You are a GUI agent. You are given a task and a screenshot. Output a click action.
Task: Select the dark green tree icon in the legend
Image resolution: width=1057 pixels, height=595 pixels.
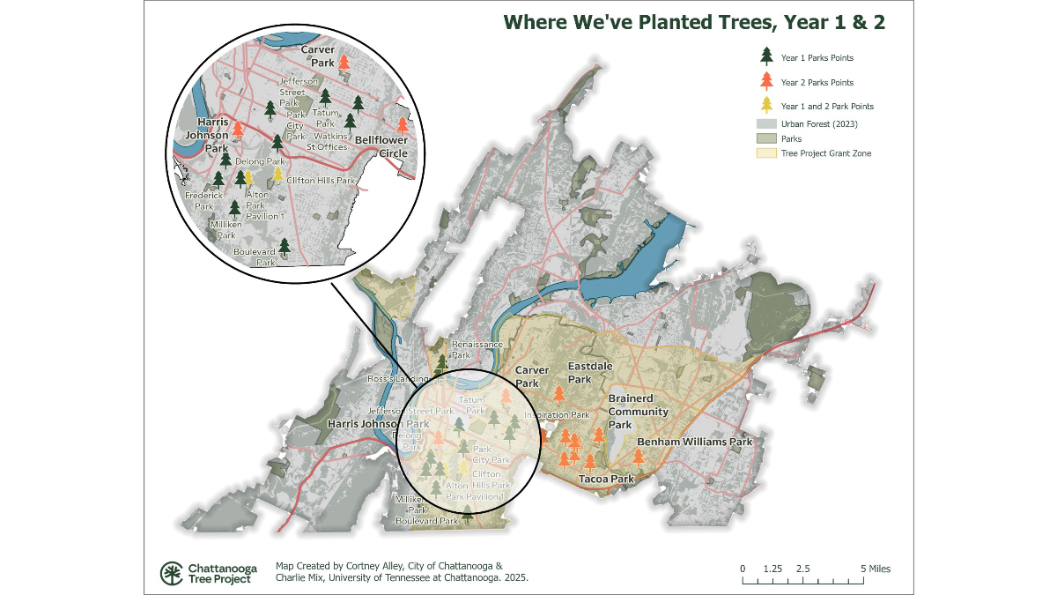tap(766, 57)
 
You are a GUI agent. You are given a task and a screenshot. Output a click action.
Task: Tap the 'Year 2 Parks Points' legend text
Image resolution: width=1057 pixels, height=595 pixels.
tap(817, 83)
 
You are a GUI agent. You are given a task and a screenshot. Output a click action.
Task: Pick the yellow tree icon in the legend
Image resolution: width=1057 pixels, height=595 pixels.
tap(766, 106)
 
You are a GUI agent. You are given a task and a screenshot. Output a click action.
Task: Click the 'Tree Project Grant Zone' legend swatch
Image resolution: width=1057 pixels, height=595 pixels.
tap(765, 153)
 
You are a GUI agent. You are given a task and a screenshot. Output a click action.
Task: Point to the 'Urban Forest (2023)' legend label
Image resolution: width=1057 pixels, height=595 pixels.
tap(819, 123)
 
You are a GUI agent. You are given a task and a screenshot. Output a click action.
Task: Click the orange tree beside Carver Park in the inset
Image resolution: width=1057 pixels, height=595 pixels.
tap(344, 63)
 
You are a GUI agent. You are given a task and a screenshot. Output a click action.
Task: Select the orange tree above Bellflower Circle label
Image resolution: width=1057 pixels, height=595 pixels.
tap(403, 126)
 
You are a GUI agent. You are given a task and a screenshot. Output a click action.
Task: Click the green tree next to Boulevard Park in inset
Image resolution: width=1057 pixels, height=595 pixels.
tap(284, 248)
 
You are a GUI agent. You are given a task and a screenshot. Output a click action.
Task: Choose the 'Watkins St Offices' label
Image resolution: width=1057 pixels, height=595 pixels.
tap(326, 141)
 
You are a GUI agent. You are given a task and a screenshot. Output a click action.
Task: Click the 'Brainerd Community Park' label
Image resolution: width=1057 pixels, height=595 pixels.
tap(639, 412)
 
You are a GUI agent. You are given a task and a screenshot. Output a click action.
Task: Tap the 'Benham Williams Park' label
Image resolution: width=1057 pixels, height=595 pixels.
tap(695, 442)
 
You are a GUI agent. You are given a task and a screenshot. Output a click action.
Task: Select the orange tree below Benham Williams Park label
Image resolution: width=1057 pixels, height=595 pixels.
tap(639, 457)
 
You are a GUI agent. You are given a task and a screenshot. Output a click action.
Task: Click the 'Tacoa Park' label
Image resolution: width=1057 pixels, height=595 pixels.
tap(606, 480)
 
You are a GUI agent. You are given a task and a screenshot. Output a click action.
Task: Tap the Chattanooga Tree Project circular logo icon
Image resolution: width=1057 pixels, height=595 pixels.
tap(171, 573)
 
